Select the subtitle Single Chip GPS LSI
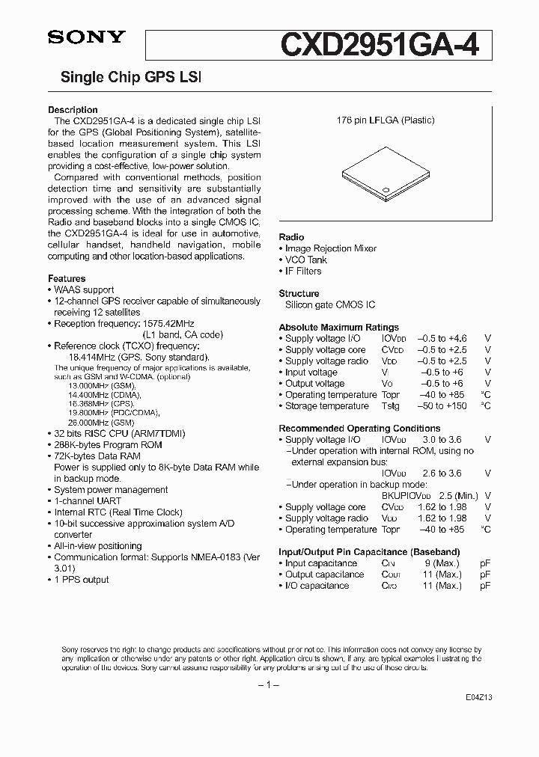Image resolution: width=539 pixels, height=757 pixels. pos(130,77)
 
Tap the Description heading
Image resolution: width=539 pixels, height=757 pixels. pos(73,110)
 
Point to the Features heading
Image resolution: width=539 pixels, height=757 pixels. pos(67,278)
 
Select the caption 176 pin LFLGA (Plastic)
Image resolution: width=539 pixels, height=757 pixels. pos(385,120)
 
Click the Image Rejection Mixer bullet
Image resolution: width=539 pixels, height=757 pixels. pos(328,248)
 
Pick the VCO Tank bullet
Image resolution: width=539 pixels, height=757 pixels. pos(307,260)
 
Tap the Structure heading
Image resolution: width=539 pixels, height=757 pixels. pos(299,294)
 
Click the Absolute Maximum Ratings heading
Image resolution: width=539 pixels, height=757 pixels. pos(338,328)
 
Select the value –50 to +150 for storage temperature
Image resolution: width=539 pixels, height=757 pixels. pos(442,406)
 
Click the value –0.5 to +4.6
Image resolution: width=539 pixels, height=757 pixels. pos(442,339)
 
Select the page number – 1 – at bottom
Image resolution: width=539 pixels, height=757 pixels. pos(269,685)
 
